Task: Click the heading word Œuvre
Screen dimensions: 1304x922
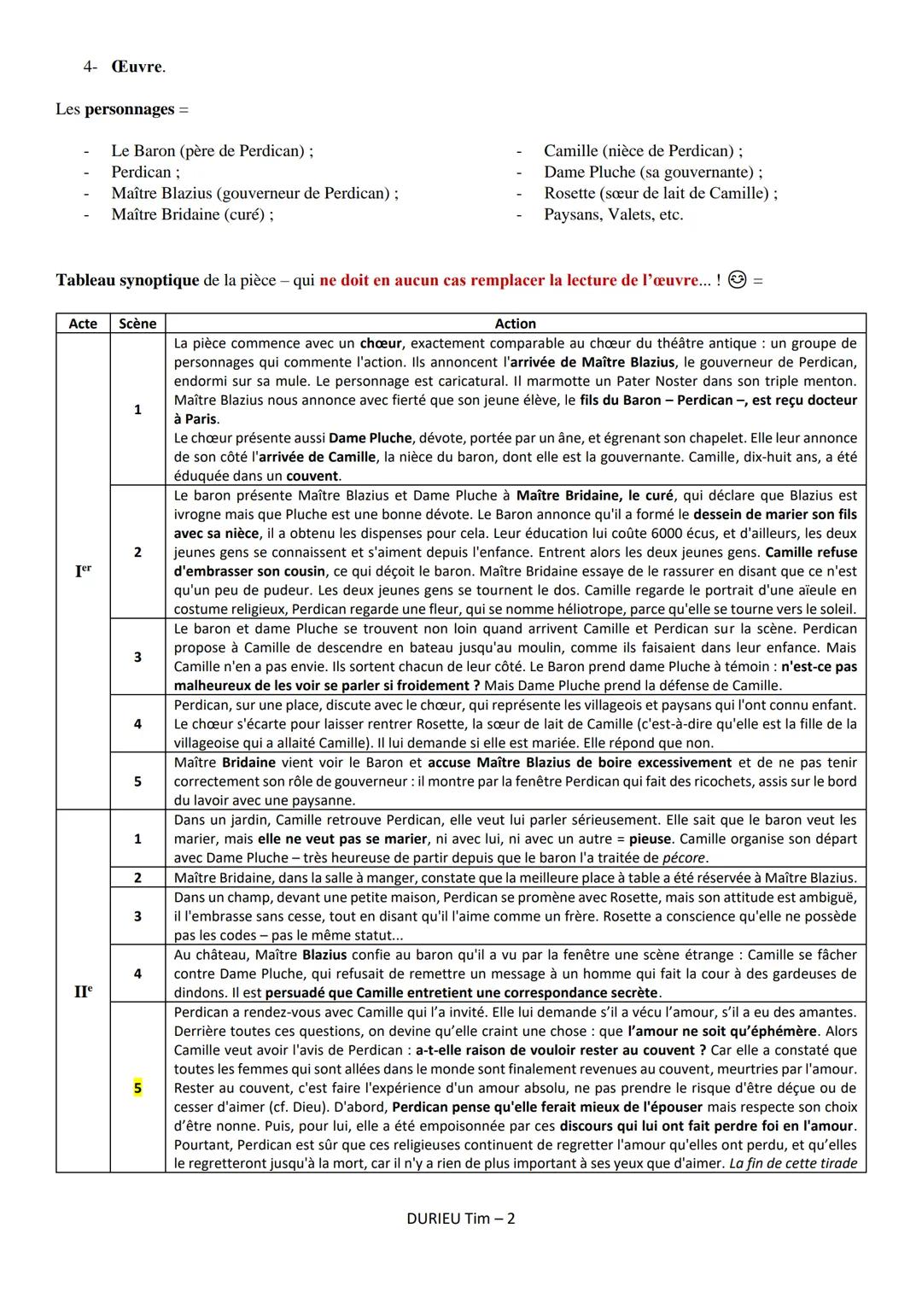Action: click(x=137, y=67)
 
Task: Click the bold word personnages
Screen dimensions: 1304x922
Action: click(x=129, y=109)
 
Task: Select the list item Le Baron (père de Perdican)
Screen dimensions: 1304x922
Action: click(x=211, y=151)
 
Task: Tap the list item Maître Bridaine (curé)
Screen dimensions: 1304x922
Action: click(x=191, y=214)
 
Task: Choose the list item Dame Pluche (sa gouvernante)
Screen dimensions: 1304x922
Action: click(x=652, y=172)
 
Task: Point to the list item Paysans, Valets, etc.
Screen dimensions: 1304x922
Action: click(x=613, y=214)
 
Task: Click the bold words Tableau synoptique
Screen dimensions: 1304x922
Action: click(x=127, y=280)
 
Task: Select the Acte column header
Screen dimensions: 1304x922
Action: click(x=83, y=324)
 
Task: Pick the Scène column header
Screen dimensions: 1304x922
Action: click(x=137, y=324)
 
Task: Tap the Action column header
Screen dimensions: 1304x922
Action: click(x=516, y=324)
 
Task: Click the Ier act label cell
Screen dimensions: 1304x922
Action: click(x=83, y=570)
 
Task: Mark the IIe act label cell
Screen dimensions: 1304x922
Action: click(x=83, y=991)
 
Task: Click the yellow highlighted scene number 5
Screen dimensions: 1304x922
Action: click(x=137, y=1088)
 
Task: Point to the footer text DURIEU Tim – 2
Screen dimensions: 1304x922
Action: click(x=461, y=1219)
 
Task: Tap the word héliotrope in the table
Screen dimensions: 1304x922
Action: click(x=623, y=610)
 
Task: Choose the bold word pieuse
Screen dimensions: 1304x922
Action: click(x=650, y=839)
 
